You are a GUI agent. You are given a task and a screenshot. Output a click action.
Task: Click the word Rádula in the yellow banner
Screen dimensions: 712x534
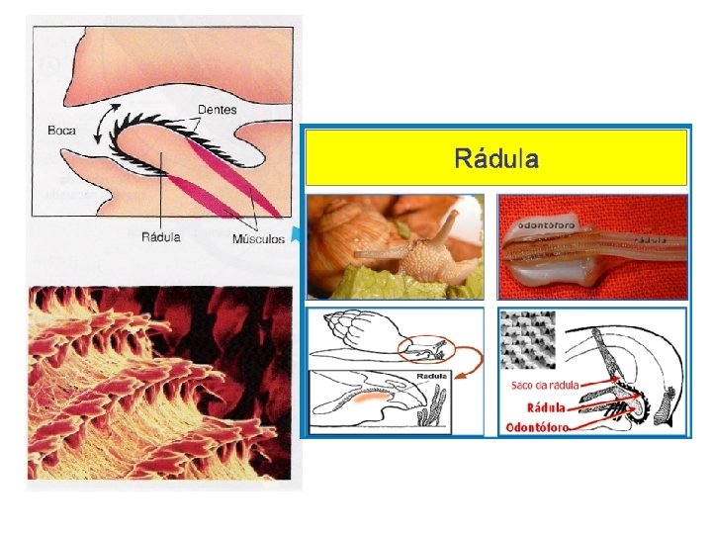pos(495,158)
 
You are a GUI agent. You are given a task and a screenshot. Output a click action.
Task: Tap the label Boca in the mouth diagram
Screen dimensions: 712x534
pos(62,130)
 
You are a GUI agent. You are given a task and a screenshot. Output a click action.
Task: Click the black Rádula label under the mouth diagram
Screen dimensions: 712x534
pos(161,237)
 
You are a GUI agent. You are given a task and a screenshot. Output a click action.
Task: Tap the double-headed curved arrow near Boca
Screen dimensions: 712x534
pos(103,123)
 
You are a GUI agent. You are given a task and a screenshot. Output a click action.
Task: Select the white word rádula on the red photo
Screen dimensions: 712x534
pos(650,238)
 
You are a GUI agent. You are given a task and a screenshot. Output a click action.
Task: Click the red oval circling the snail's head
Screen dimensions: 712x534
pos(425,347)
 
